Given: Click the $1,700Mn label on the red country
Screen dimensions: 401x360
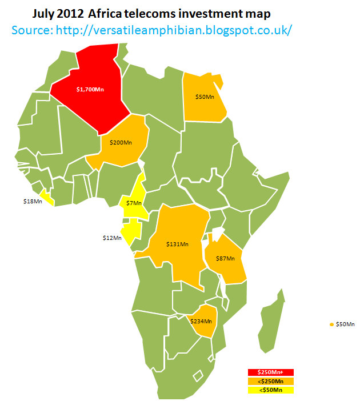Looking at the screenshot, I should pos(90,89).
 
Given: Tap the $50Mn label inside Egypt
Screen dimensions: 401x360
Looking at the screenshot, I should pos(205,97).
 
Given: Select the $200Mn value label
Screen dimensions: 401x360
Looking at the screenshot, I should pos(121,142).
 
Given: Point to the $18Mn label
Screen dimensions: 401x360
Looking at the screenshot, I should pos(33,202).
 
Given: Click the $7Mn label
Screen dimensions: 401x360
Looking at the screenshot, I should pos(134,203).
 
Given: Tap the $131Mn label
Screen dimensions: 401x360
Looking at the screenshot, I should pos(177,244).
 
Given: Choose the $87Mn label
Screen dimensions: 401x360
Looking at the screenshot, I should pos(225,259).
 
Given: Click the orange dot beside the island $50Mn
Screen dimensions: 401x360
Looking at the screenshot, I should pos(332,324).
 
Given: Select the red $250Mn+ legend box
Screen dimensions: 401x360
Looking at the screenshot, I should pos(270,373).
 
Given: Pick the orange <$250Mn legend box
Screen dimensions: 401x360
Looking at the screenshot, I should pos(270,382).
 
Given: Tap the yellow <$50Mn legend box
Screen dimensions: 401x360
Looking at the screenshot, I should pos(270,390).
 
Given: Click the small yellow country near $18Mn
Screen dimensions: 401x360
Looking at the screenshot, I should pos(47,197).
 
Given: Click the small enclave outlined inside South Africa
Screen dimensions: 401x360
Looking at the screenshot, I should pos(198,376).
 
